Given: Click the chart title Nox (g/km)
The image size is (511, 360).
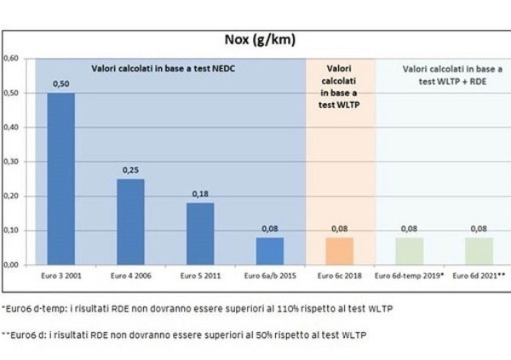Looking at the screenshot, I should (x=255, y=39).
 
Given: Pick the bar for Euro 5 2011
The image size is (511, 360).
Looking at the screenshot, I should (x=200, y=233).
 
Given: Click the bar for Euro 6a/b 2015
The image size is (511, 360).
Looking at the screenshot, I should (x=270, y=251).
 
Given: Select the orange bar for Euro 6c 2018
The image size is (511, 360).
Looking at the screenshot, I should (x=340, y=251).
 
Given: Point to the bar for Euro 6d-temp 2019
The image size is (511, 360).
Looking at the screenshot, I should (x=410, y=251).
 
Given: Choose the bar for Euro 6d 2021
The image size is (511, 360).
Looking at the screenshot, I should (x=479, y=251).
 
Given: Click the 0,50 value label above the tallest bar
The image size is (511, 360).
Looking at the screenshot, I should (x=60, y=84).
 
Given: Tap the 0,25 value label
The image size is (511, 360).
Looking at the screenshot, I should (x=130, y=170).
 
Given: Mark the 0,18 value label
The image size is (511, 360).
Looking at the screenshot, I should (x=200, y=195).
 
